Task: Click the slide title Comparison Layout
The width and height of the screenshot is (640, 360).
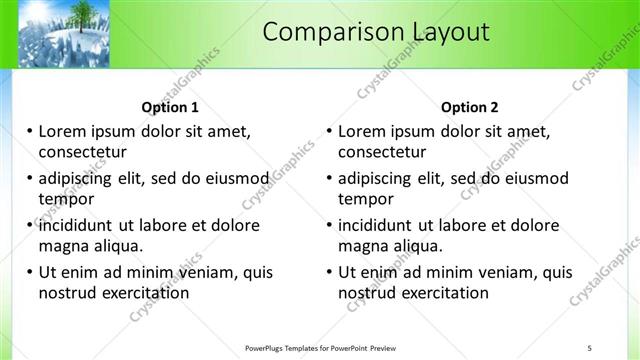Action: (x=376, y=32)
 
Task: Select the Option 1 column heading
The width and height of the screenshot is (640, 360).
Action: (x=170, y=107)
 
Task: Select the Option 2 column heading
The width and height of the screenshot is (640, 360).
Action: (x=470, y=107)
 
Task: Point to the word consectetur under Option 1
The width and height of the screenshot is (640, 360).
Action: (x=83, y=152)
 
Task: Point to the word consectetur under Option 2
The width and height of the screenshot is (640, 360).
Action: (x=382, y=152)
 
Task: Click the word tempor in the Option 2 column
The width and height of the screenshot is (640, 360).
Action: (x=365, y=199)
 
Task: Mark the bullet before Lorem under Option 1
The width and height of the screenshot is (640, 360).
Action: (x=29, y=131)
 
